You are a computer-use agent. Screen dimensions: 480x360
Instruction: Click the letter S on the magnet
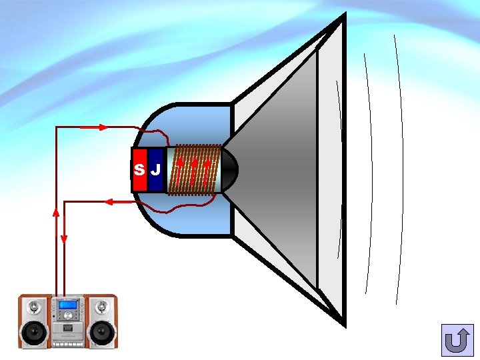139,169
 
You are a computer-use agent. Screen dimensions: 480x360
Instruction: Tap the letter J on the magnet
155,169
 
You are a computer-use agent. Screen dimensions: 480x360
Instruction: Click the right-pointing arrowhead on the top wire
103,127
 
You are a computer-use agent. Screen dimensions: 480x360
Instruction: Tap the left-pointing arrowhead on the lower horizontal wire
107,201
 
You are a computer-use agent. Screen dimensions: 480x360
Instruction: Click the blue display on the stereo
67,306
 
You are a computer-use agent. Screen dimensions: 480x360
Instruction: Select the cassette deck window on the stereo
67,330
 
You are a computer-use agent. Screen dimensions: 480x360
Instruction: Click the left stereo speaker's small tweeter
35,307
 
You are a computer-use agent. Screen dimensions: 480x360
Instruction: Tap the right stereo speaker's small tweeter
101,307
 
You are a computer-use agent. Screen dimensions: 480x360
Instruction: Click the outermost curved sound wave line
400,167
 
